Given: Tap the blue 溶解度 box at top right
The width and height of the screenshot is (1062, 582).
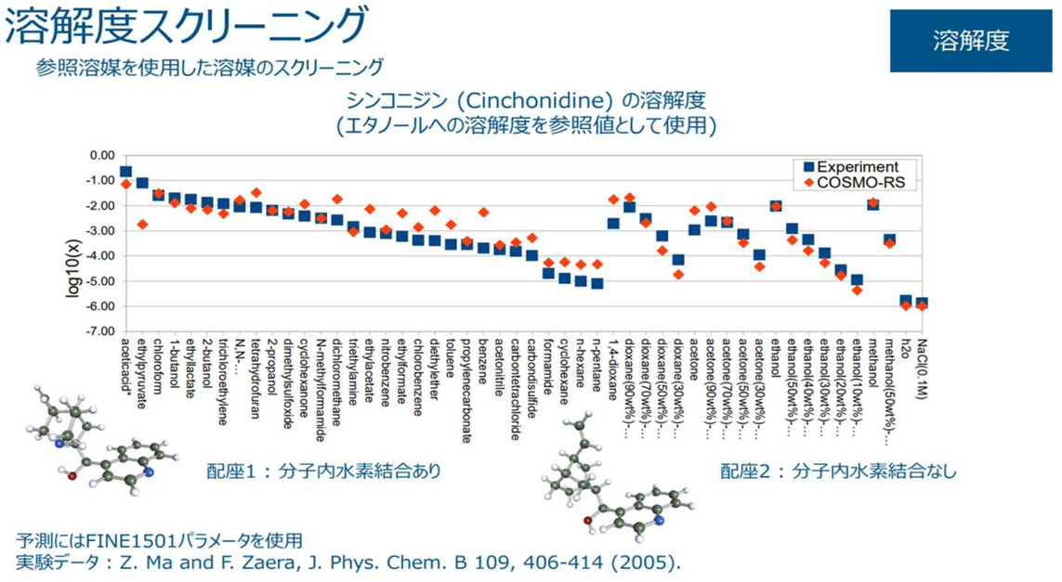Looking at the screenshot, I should pos(971,41).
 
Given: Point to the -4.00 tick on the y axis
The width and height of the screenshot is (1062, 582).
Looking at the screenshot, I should pos(96,255).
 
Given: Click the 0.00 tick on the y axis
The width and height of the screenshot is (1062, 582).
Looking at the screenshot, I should pos(98,155).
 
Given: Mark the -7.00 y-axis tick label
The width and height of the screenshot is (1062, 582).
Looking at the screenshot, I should pos(96,331).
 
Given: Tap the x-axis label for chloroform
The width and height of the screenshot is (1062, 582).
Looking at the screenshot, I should pos(159,367).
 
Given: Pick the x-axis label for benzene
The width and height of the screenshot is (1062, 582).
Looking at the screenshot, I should pos(484,360).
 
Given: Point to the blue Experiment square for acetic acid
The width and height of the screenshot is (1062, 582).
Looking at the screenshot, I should pos(125,173).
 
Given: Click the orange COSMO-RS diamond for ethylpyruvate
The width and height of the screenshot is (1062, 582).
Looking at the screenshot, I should pos(142,225).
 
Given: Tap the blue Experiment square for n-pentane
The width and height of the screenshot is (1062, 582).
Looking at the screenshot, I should pos(597,283).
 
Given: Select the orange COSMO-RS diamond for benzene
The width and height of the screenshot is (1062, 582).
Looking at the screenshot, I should pos(483,213).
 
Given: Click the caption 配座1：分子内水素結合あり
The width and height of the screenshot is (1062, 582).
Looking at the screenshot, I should pos(323,472).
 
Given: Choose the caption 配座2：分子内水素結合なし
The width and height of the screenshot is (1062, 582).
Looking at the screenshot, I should pos(837,472).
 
